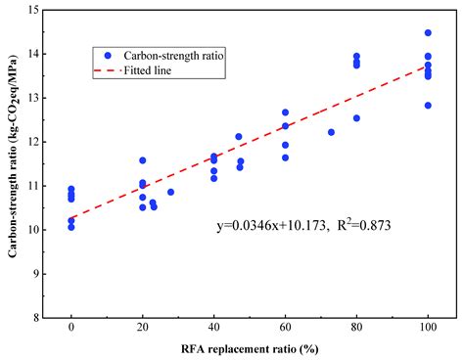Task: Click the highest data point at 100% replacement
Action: tap(428, 32)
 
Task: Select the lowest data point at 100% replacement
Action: tap(428, 106)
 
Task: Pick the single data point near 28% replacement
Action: tap(170, 192)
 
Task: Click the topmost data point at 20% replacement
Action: tap(143, 160)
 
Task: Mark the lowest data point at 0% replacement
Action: tap(71, 227)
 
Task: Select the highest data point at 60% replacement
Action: tap(285, 112)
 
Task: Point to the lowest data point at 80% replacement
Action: tap(356, 118)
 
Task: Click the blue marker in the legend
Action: tap(108, 57)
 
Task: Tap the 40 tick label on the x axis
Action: tap(213, 331)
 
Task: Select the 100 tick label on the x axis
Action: tap(428, 331)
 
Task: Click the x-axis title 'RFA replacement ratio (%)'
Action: tap(250, 349)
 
